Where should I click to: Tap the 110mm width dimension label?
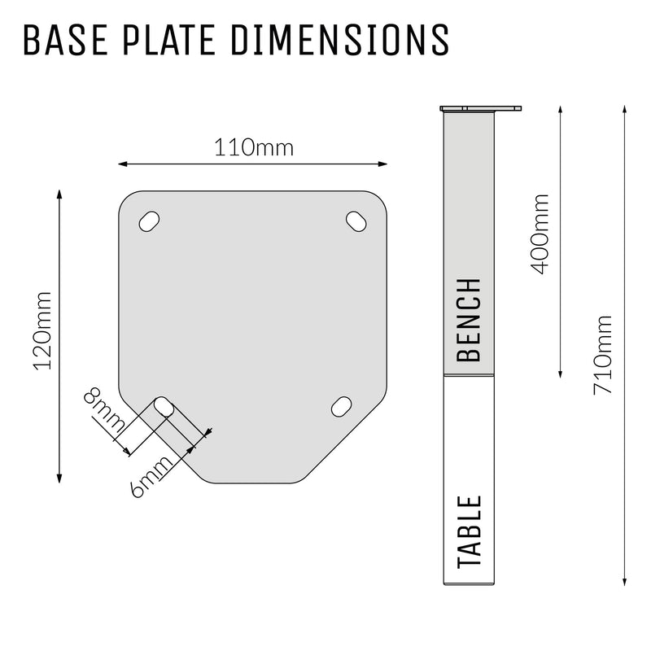253,148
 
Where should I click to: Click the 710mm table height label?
603,355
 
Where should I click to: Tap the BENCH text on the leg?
470,320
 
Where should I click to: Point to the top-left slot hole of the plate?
149,221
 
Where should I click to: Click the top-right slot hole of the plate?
356,220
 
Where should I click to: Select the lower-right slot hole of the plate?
342,405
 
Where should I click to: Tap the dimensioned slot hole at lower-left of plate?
164,406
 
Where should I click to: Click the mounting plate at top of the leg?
480,108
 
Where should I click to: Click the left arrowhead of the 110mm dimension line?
123,164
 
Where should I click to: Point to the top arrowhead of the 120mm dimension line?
59,194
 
